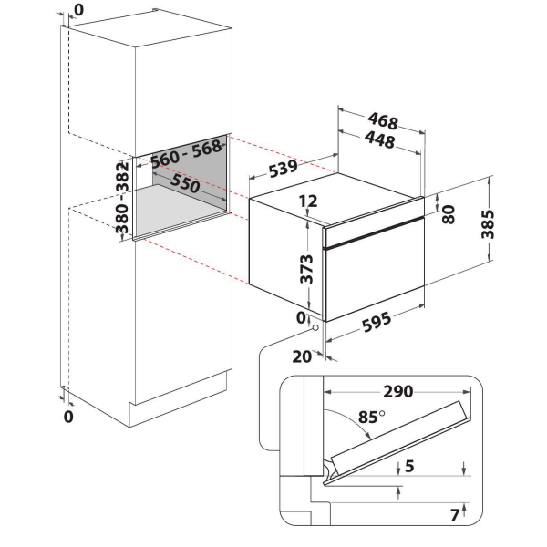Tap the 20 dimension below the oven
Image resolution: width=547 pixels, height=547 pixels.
(x=302, y=356)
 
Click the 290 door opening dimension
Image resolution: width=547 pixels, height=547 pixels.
(x=397, y=392)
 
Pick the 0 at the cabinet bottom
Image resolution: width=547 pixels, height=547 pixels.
(x=69, y=418)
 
